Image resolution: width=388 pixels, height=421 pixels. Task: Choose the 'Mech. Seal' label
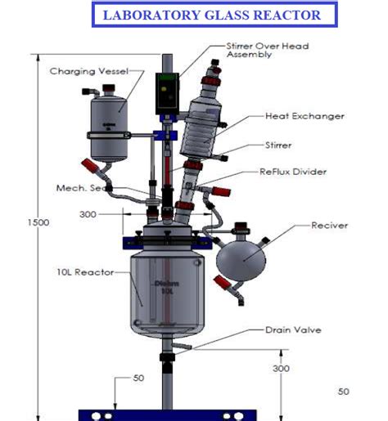(83, 188)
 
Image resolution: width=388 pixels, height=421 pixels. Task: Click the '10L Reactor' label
(83, 271)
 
